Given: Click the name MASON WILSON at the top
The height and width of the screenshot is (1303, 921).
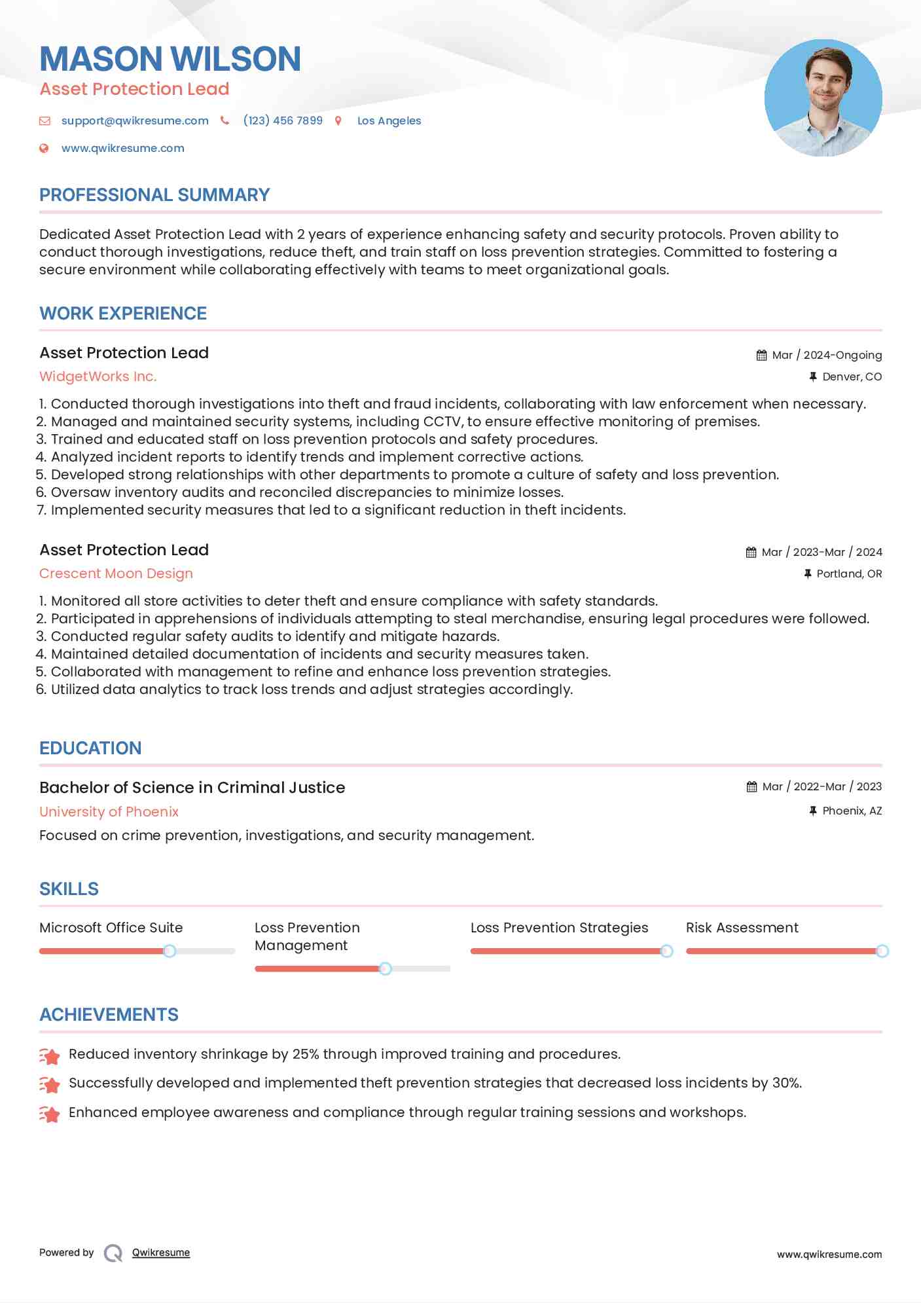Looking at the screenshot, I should coord(170,59).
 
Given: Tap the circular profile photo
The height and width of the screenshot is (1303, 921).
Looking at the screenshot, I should coord(823,98).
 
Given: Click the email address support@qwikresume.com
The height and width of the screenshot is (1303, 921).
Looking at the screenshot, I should coord(135,120).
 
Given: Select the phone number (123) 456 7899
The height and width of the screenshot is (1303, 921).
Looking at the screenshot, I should coord(283,120).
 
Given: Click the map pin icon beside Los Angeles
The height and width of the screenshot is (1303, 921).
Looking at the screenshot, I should coord(338,120).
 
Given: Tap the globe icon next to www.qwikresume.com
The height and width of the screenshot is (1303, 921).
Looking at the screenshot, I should coord(44,148).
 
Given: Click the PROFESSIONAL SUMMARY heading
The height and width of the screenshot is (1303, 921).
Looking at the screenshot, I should coord(154,195).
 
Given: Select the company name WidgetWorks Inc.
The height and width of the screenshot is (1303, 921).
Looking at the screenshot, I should coord(98,376).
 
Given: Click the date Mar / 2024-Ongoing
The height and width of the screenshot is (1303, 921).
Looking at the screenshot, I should coord(827,355).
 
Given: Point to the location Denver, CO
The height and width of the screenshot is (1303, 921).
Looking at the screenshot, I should coord(852,376).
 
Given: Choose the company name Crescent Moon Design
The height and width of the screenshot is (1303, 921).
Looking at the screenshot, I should coord(116,574).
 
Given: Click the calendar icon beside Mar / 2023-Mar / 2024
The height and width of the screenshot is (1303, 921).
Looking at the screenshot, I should coord(751,552).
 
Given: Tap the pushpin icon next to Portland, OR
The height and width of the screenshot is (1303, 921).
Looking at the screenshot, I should coord(808,574).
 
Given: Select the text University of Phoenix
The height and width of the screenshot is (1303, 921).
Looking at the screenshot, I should coord(109,811).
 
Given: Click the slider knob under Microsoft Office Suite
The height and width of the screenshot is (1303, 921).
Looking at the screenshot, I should coord(170,951).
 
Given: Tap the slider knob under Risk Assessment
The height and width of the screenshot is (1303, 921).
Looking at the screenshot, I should coord(882,951).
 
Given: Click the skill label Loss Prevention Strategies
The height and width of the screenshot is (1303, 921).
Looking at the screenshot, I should coord(559,928).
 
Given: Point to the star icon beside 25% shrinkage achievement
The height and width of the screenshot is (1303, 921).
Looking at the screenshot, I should coord(50,1055).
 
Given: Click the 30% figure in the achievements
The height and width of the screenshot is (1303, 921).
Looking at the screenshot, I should coord(786,1083).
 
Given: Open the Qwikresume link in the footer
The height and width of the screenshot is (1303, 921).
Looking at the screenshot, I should coord(161,1253).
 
